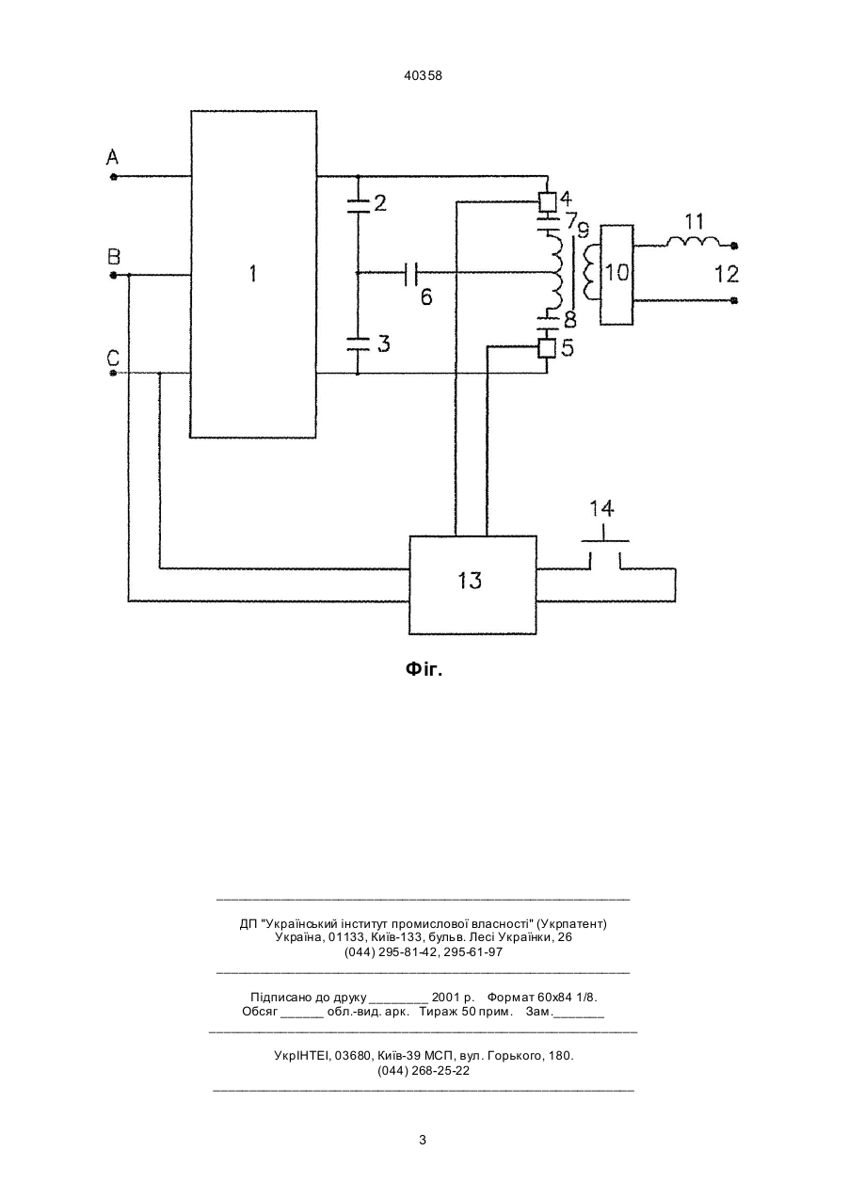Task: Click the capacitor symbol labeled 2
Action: (358, 205)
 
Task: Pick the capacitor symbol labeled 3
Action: (358, 343)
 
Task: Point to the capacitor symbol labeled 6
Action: (411, 274)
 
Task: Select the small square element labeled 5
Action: (547, 349)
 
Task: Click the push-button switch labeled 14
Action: (605, 541)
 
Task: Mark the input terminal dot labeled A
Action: (113, 176)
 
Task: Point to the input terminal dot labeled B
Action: (113, 276)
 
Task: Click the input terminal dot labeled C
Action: (113, 373)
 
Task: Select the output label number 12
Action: (728, 275)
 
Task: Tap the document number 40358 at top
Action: (423, 76)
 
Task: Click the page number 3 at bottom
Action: (423, 1141)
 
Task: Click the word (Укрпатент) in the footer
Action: (571, 923)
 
